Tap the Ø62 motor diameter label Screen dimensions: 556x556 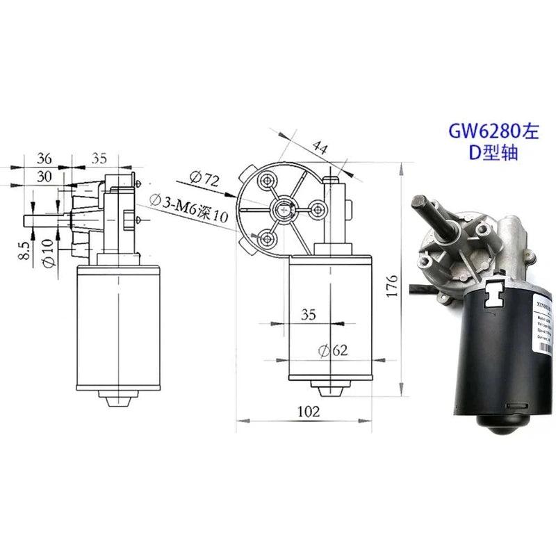(332, 351)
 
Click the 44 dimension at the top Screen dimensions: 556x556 (320, 147)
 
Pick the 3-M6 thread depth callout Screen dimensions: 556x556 (189, 209)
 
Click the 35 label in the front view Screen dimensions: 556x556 (309, 315)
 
